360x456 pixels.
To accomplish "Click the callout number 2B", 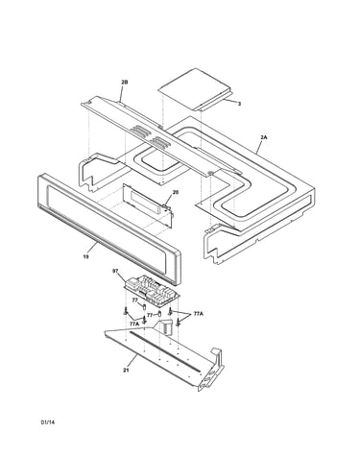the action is point(125,83).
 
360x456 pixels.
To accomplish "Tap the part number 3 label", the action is point(239,104).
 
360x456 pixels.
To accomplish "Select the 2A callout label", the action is point(263,137).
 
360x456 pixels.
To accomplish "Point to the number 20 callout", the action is point(176,192).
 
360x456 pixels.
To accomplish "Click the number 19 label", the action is point(85,256).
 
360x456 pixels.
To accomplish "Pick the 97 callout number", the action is point(115,271).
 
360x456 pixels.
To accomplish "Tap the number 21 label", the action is point(126,371).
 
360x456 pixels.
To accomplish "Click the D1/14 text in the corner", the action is point(48,422).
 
